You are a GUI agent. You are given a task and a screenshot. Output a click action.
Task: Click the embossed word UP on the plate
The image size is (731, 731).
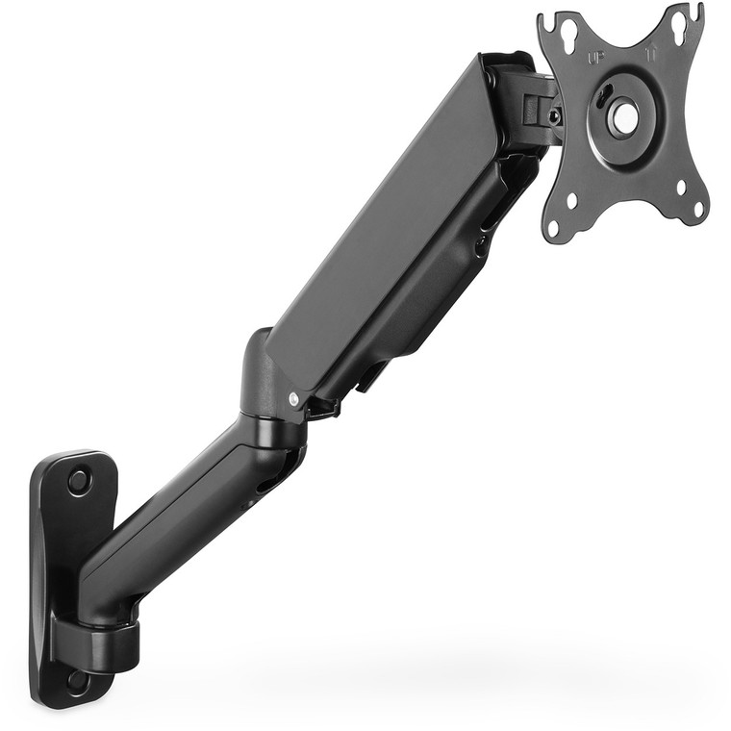pyautogui.click(x=596, y=57)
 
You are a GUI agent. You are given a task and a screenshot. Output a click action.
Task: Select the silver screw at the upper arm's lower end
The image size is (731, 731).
pyautogui.click(x=293, y=397)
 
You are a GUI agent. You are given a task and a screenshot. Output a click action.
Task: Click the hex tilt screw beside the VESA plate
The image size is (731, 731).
pyautogui.click(x=555, y=116)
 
